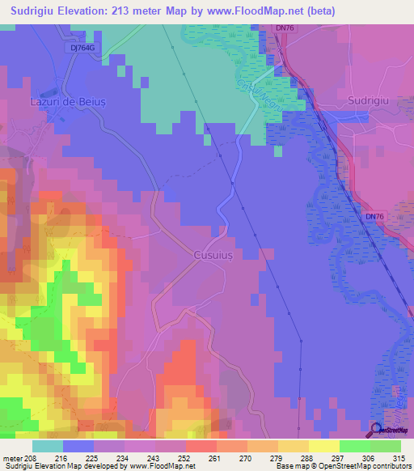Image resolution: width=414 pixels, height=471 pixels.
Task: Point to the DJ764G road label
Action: coord(81,48)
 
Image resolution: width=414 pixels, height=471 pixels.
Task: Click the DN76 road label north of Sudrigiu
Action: coord(284,28)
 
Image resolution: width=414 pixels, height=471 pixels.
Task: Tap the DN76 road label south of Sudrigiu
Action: coord(374,217)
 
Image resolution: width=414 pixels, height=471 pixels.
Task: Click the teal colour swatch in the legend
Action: coord(48,446)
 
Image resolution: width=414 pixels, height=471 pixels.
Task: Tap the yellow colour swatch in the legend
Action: coord(323,446)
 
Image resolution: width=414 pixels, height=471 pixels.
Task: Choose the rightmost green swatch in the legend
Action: coord(385,446)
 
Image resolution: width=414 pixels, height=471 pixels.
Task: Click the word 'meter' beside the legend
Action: coord(12,458)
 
